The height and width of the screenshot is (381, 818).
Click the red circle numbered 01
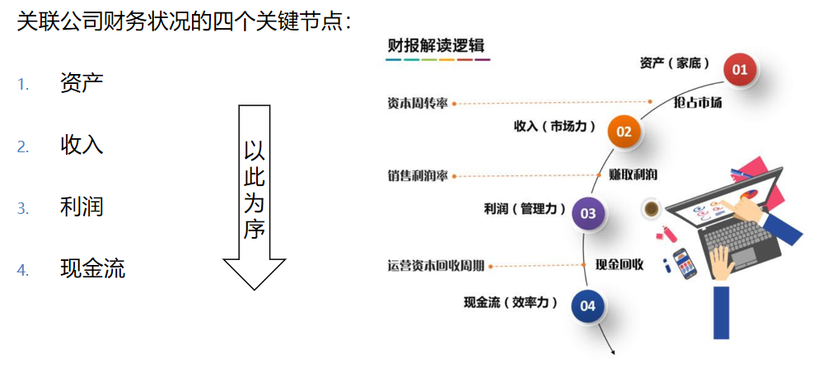coord(740,69)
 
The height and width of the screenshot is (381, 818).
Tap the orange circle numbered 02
coord(624,131)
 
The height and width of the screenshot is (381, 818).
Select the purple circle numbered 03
coord(587,213)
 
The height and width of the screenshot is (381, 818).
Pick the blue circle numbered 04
coord(587,306)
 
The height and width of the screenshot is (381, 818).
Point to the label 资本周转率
coord(418,104)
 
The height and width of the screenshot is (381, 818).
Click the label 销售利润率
coord(418,175)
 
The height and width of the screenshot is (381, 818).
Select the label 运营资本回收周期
coord(436,266)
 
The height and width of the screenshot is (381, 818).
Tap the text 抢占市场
coord(697,103)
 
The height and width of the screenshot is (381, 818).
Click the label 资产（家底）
coord(675,63)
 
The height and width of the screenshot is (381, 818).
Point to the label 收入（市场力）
coord(554,126)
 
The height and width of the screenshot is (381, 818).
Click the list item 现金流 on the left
coord(92,269)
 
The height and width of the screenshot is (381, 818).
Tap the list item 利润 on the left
coord(82,207)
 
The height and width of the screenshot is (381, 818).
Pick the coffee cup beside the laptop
coord(652,209)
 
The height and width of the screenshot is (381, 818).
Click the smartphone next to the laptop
coord(684,263)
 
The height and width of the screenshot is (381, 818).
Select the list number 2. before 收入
coord(23,147)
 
